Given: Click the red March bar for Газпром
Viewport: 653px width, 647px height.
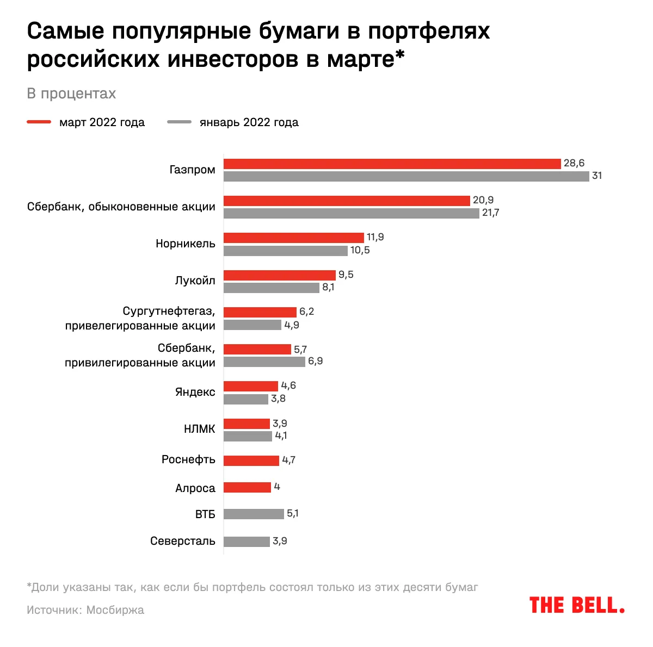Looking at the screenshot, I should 392,164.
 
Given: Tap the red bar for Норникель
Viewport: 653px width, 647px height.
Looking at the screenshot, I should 293,238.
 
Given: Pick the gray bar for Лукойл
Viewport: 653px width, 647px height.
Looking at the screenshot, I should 271,288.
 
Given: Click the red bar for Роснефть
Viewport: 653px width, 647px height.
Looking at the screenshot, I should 251,461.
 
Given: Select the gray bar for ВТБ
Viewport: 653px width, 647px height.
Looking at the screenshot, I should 254,514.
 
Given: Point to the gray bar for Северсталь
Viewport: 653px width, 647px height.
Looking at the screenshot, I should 247,542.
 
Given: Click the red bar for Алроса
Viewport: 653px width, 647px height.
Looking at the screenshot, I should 247,487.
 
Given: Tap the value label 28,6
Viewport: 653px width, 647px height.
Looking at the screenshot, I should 574,163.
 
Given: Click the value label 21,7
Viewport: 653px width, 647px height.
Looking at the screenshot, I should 490,213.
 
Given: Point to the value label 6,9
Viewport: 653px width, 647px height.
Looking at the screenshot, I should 315,361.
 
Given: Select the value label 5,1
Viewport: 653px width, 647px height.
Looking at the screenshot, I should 292,513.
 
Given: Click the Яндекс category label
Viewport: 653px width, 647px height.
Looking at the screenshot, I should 195,392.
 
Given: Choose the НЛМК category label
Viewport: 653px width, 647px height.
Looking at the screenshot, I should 200,429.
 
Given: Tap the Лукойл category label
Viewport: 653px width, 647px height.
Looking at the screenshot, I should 195,281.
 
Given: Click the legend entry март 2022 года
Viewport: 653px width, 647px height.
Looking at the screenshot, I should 102,122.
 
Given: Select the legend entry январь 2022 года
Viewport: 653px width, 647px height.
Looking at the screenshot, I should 249,122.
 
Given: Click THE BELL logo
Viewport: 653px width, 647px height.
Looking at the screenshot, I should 577,605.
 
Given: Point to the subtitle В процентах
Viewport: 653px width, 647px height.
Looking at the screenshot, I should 71,94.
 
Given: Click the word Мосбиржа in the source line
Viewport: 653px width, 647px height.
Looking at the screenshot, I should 115,610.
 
